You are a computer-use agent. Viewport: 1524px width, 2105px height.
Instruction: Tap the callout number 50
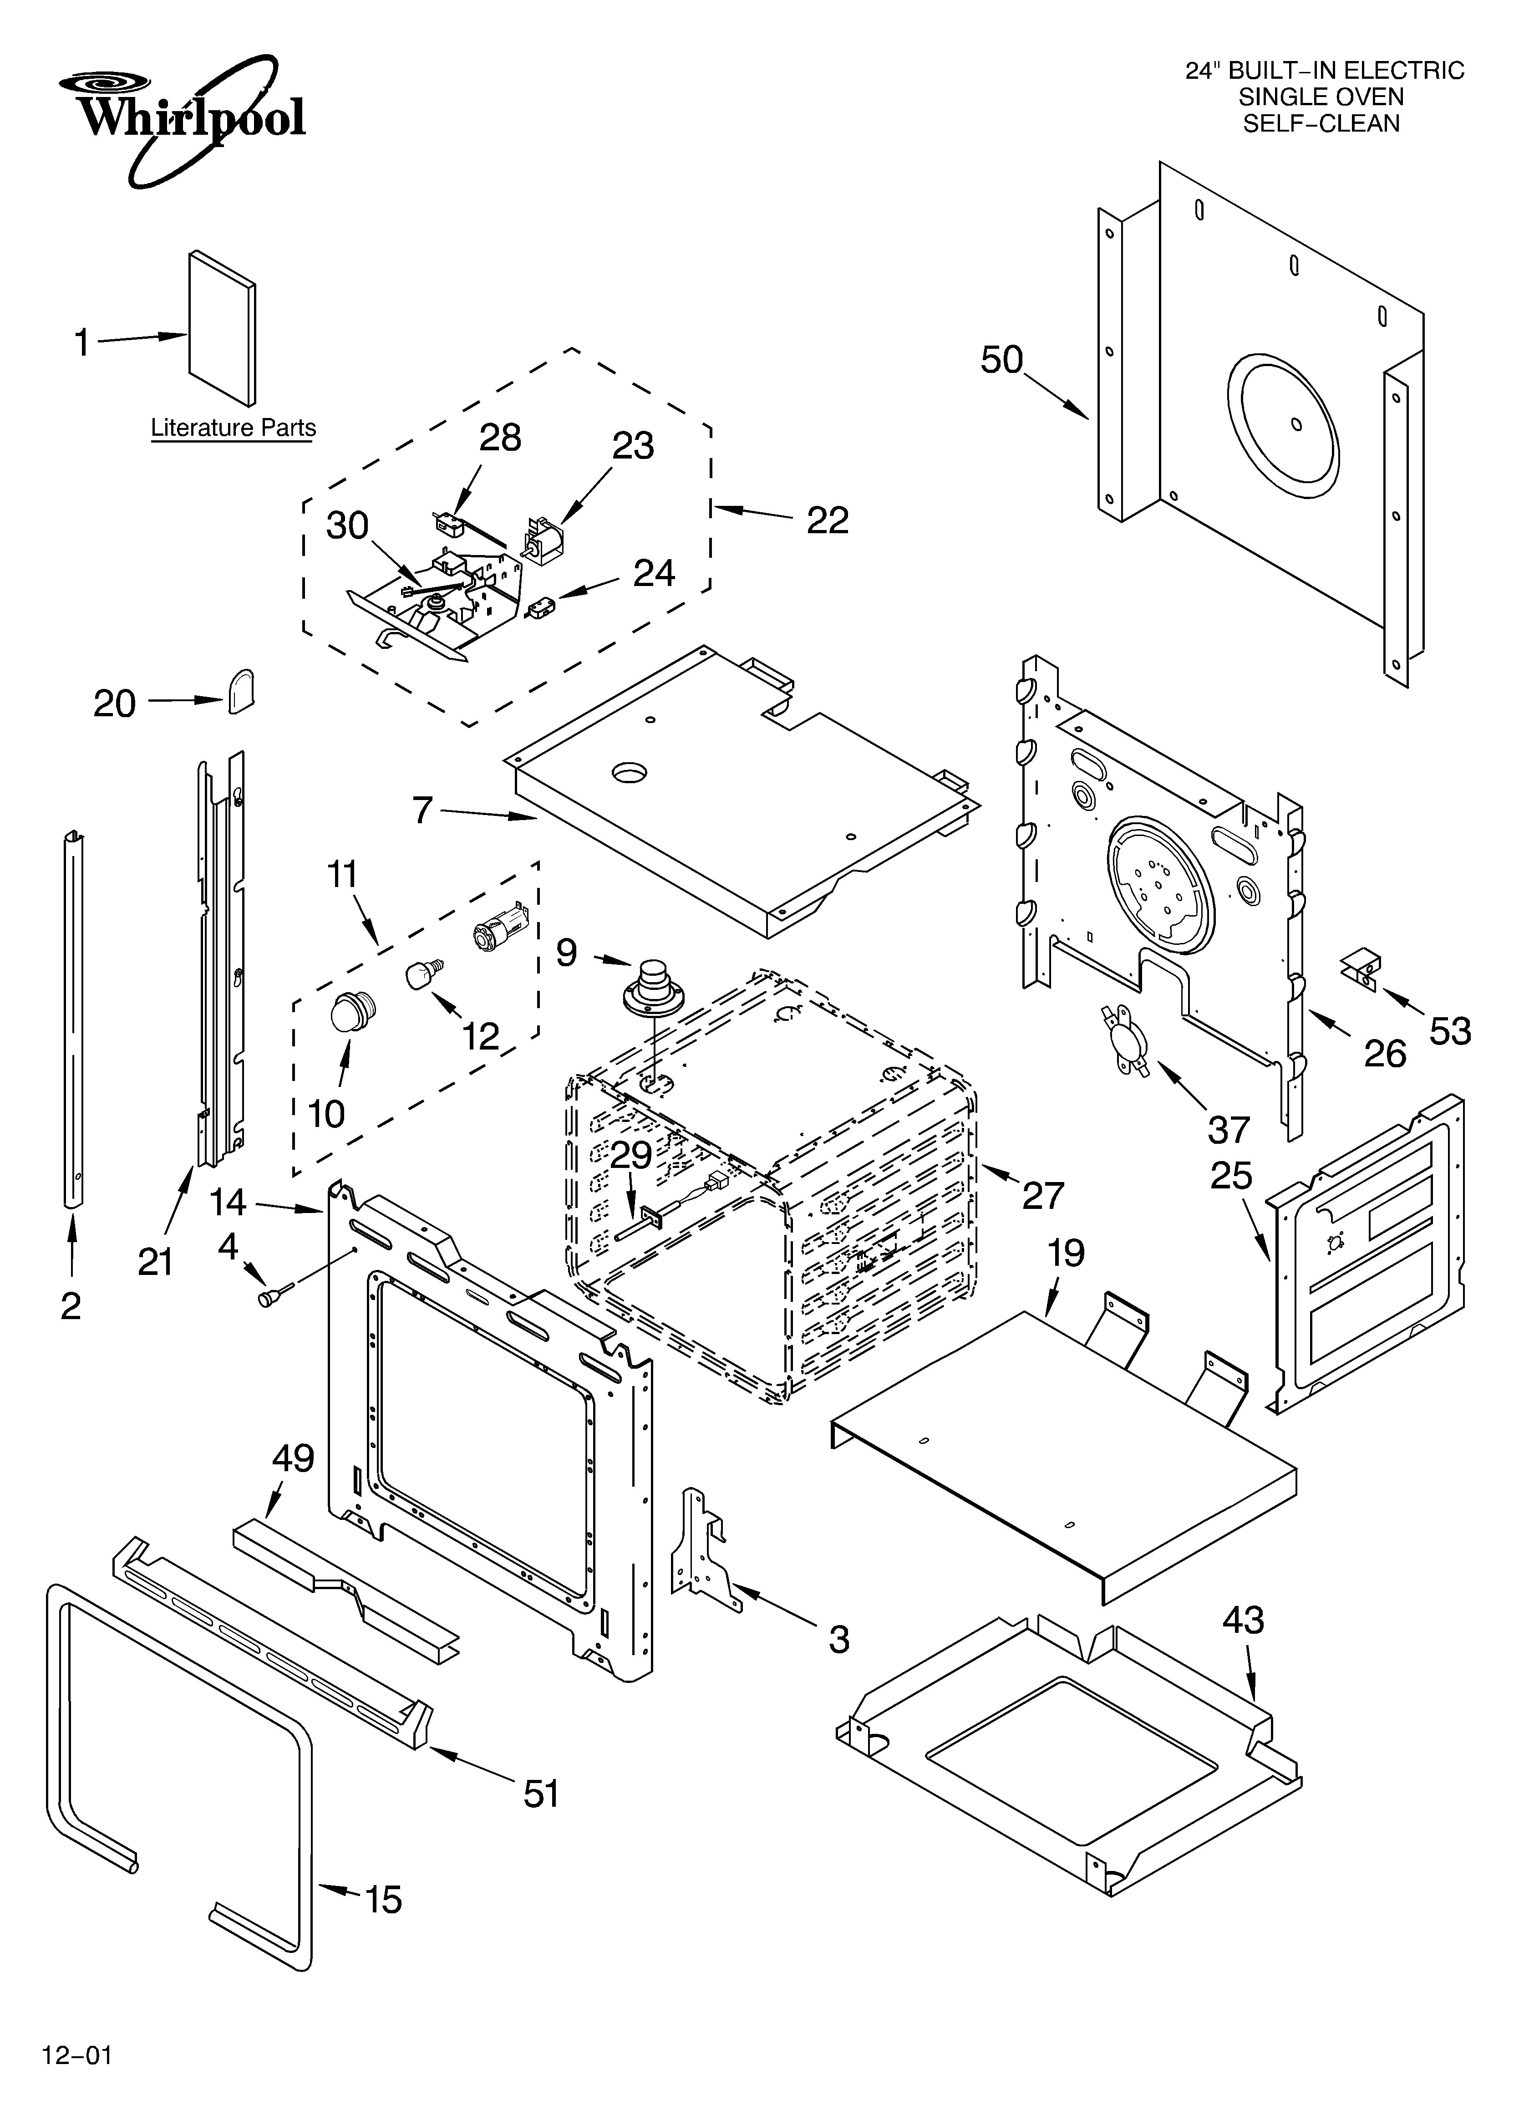tap(1001, 360)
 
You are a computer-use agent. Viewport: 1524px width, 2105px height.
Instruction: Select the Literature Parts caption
tap(233, 428)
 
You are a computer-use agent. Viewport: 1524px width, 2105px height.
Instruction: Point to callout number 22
tap(827, 521)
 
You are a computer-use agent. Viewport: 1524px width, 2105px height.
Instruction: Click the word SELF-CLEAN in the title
tap(1322, 123)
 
